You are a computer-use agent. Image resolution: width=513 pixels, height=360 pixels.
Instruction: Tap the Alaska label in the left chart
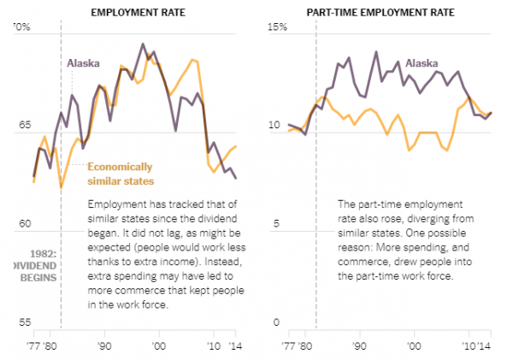coord(84,63)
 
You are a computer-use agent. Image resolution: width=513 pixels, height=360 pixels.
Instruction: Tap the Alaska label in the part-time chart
coord(422,63)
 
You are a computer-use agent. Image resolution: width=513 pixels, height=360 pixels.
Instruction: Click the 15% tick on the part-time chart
coord(273,28)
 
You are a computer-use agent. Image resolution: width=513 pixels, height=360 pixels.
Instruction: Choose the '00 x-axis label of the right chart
coord(415,346)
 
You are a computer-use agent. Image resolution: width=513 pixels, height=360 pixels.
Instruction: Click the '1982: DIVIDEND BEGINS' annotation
coord(28,264)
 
